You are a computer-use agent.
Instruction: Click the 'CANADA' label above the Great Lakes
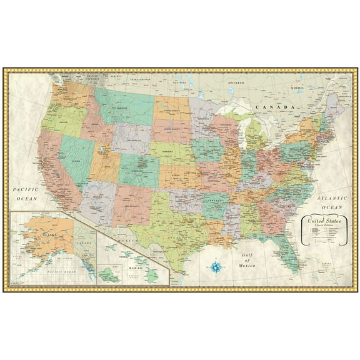coord(272,107)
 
